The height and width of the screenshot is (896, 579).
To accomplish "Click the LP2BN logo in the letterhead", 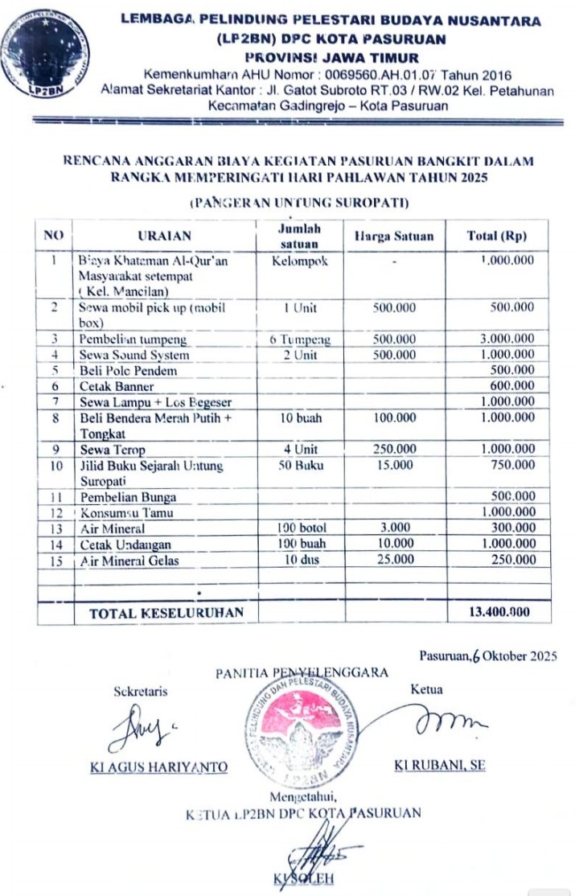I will click(45, 54).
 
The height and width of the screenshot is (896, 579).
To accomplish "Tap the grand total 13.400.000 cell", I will click(499, 612).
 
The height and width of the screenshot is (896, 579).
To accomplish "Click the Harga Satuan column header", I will click(393, 236).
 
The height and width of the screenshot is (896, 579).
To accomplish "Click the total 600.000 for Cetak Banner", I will click(512, 385).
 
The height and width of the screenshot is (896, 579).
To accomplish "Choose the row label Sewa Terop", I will click(112, 450).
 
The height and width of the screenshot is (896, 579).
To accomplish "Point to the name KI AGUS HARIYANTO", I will click(159, 767).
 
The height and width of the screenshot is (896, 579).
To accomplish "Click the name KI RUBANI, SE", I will click(439, 765).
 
